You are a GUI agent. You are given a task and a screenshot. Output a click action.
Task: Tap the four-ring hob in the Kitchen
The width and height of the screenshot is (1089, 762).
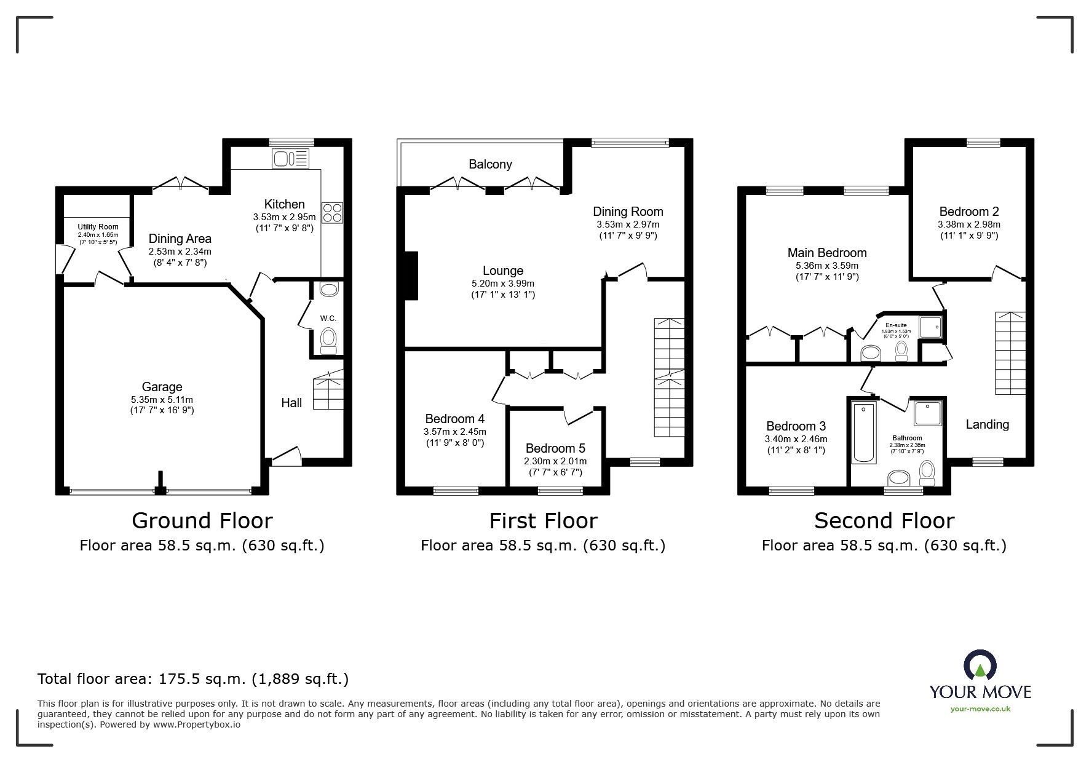pos(333,212)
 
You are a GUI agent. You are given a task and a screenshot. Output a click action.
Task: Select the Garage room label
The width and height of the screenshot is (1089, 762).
pos(162,387)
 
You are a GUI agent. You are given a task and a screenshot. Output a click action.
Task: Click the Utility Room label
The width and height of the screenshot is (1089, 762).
pos(98,227)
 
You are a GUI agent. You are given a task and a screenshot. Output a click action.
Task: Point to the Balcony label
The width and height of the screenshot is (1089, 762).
pos(490,164)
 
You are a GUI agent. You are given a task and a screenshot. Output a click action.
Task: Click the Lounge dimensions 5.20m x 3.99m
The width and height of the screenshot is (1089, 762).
pos(502,284)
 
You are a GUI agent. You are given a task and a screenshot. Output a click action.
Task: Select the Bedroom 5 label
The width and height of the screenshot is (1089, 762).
pos(555,448)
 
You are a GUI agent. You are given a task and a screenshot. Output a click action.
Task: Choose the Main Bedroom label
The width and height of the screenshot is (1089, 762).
pos(827,253)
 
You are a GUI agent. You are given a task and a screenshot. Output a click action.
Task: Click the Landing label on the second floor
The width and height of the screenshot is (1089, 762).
pos(987,424)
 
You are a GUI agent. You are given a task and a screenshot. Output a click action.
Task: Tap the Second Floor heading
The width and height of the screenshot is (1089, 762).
pos(884,521)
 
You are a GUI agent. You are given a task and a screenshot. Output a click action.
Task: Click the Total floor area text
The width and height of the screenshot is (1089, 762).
pos(193,679)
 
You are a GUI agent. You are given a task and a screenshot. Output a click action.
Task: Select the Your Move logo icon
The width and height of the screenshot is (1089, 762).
pos(980,666)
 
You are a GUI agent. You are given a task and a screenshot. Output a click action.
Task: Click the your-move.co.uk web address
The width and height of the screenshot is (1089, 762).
pos(980,709)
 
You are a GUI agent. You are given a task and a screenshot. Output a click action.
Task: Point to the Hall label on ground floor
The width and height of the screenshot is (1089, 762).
pos(291,403)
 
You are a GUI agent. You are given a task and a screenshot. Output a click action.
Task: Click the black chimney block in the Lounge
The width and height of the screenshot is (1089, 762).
pos(410,276)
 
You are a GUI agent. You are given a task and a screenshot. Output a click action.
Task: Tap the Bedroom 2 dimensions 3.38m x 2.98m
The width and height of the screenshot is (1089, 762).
pos(968,224)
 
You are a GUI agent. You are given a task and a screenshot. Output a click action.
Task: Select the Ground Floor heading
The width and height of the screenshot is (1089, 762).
pos(202,521)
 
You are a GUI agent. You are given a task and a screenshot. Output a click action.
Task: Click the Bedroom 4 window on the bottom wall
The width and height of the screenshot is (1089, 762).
pos(456,490)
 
